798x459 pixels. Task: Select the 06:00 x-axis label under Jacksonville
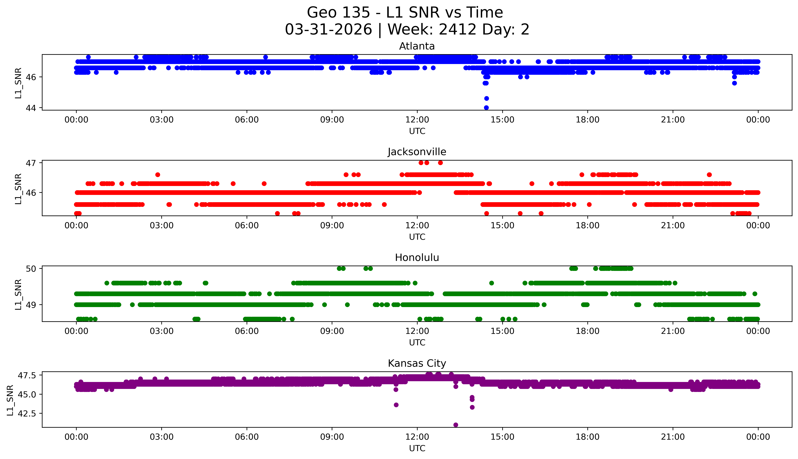[247, 225]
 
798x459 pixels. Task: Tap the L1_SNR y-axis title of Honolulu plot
[18, 294]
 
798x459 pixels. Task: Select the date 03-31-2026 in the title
[328, 30]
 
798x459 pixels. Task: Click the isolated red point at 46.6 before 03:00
[158, 175]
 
